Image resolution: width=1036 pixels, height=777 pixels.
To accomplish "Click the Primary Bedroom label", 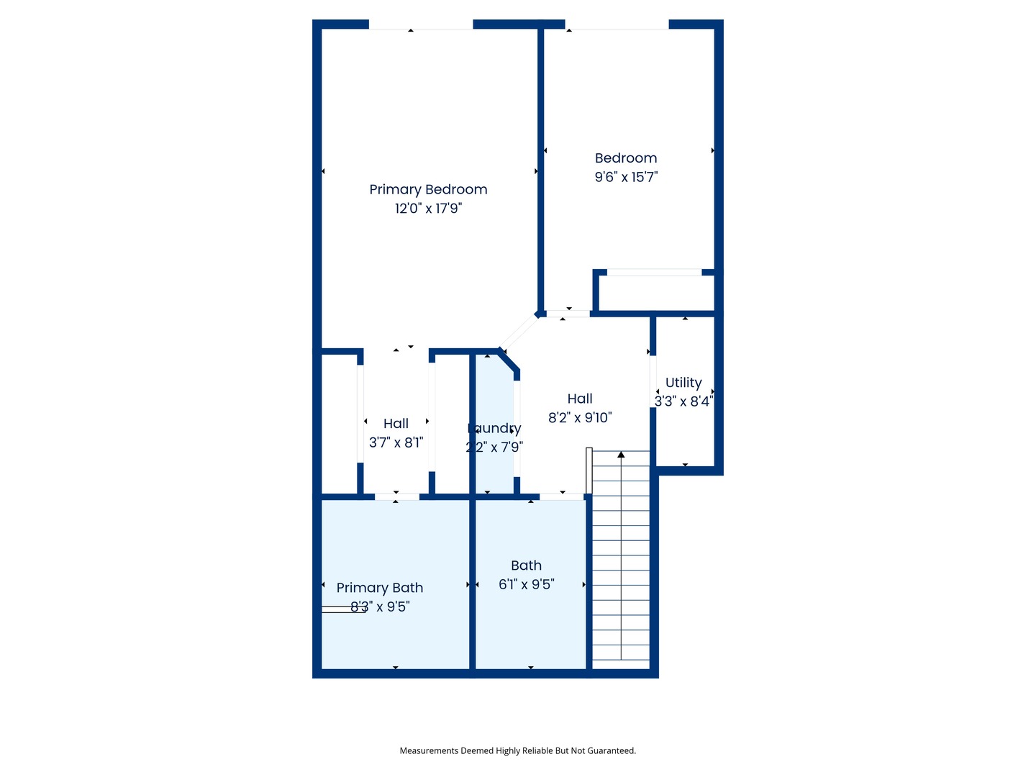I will click(428, 189).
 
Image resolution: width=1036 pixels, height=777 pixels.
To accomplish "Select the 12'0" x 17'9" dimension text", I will click(428, 209).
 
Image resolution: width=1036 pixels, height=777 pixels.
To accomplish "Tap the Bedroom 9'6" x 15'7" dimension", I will click(626, 177).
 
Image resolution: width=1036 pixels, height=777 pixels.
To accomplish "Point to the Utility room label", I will click(683, 383).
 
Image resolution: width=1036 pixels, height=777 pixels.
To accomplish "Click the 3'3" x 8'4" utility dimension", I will click(683, 401).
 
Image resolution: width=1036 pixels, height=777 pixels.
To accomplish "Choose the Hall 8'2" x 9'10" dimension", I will click(580, 418).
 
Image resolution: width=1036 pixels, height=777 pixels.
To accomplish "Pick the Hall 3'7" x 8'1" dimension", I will click(396, 442).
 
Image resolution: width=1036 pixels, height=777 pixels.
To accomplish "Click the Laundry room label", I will click(494, 429).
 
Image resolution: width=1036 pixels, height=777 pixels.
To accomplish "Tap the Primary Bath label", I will click(380, 588).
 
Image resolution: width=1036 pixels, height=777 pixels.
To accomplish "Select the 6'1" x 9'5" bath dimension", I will click(527, 585).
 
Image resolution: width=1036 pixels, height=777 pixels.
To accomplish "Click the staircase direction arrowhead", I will click(621, 455).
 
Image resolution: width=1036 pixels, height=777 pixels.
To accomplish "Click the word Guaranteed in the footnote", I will click(611, 751).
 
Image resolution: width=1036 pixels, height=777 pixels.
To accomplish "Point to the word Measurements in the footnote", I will click(429, 751).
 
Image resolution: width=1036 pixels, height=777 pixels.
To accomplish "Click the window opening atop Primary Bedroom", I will click(421, 24).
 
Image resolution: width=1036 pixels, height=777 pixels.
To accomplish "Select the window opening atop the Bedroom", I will click(617, 24).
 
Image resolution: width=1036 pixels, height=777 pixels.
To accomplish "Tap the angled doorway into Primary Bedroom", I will click(518, 332).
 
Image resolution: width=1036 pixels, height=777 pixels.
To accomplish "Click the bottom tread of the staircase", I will click(621, 653).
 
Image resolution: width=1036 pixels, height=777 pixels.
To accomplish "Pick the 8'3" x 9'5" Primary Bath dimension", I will click(380, 607).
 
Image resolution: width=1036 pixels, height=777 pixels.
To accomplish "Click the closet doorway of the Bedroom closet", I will click(654, 273).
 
